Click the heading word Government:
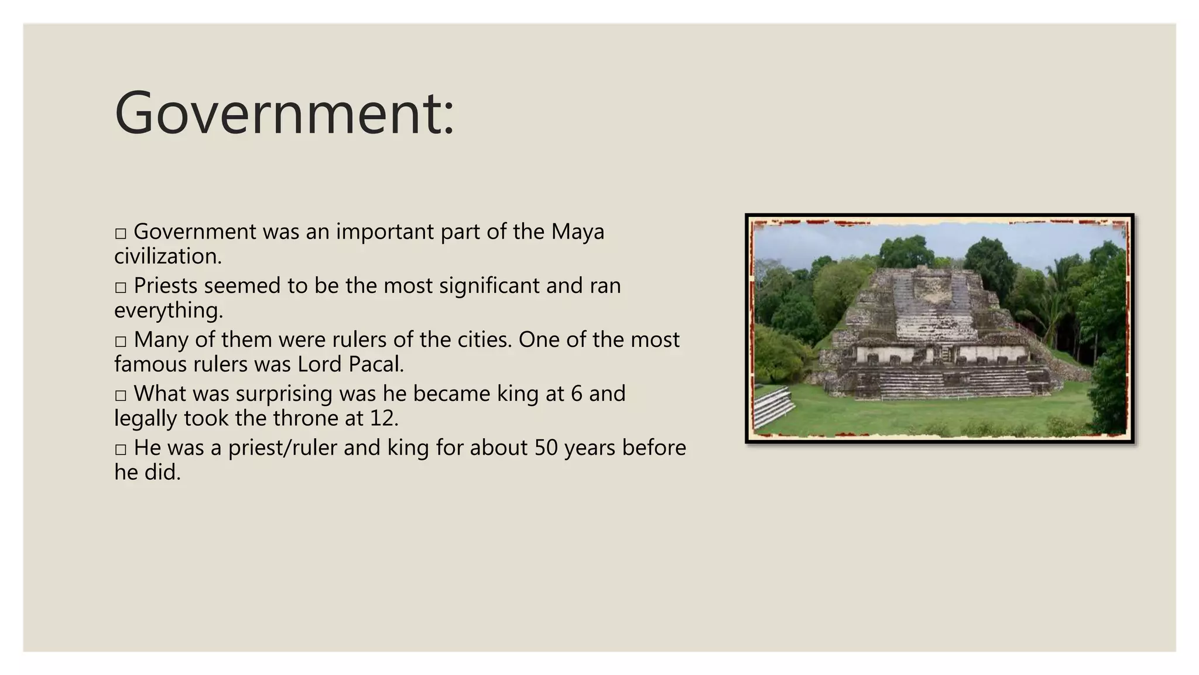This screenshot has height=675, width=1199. pos(285,114)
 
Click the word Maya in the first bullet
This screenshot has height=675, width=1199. pos(577,232)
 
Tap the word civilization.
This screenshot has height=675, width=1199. pos(168,257)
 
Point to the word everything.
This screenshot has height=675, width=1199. pos(169,311)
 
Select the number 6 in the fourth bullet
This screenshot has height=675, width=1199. pos(576,394)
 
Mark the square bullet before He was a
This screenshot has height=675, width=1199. pos(121,449)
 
